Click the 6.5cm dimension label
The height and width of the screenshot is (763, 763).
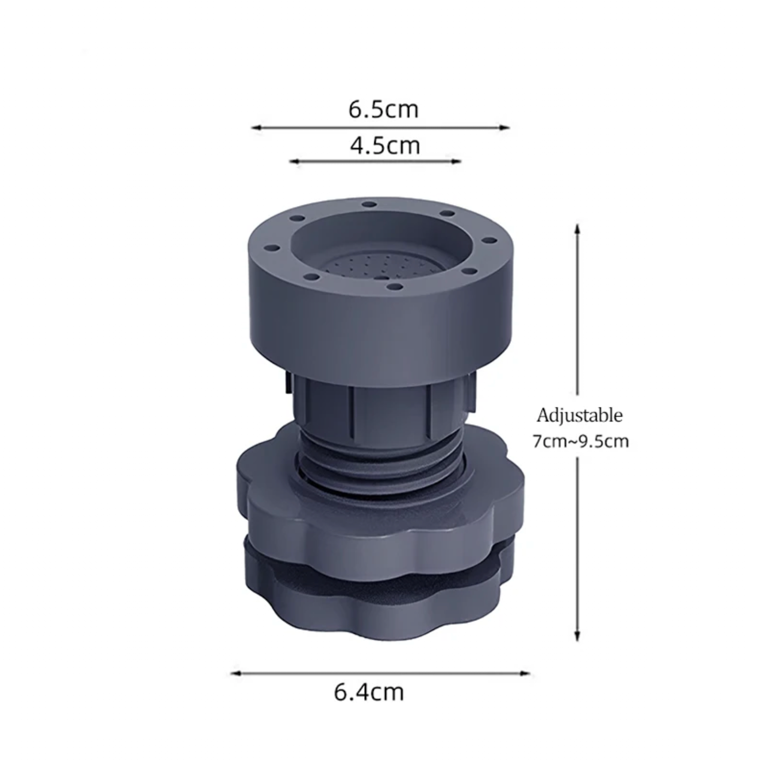[x=383, y=110]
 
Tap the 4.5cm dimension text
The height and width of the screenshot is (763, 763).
[x=384, y=146]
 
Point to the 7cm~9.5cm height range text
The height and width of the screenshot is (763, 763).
[x=580, y=441]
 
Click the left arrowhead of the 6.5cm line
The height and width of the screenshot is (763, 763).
[x=256, y=128]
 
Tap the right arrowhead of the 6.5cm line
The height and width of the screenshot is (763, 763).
[x=505, y=128]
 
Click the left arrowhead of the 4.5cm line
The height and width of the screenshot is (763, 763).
[x=294, y=161]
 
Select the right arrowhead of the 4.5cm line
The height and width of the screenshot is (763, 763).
[x=457, y=161]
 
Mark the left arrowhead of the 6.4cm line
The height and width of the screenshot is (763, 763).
[x=235, y=673]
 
